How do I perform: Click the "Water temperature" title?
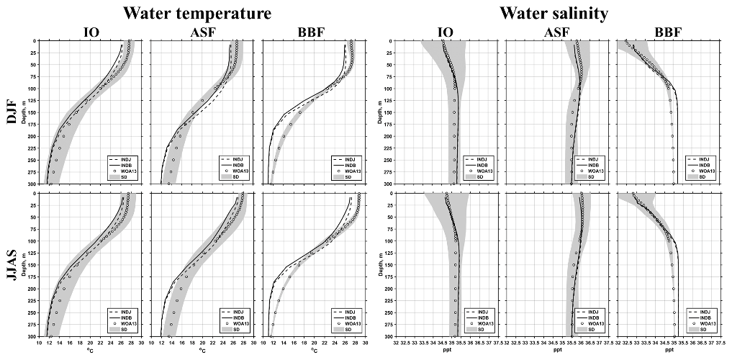[x=197, y=13]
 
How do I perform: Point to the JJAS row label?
[x=12, y=264]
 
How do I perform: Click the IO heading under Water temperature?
[x=91, y=31]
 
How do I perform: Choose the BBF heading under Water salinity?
[x=669, y=31]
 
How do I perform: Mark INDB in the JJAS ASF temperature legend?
[x=240, y=317]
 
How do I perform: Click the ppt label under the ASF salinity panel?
[x=558, y=351]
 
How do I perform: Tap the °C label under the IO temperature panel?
[x=91, y=351]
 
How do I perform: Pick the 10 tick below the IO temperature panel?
[x=40, y=343]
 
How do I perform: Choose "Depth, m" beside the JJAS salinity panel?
[x=380, y=264]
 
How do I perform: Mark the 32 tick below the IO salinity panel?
[x=396, y=343]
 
